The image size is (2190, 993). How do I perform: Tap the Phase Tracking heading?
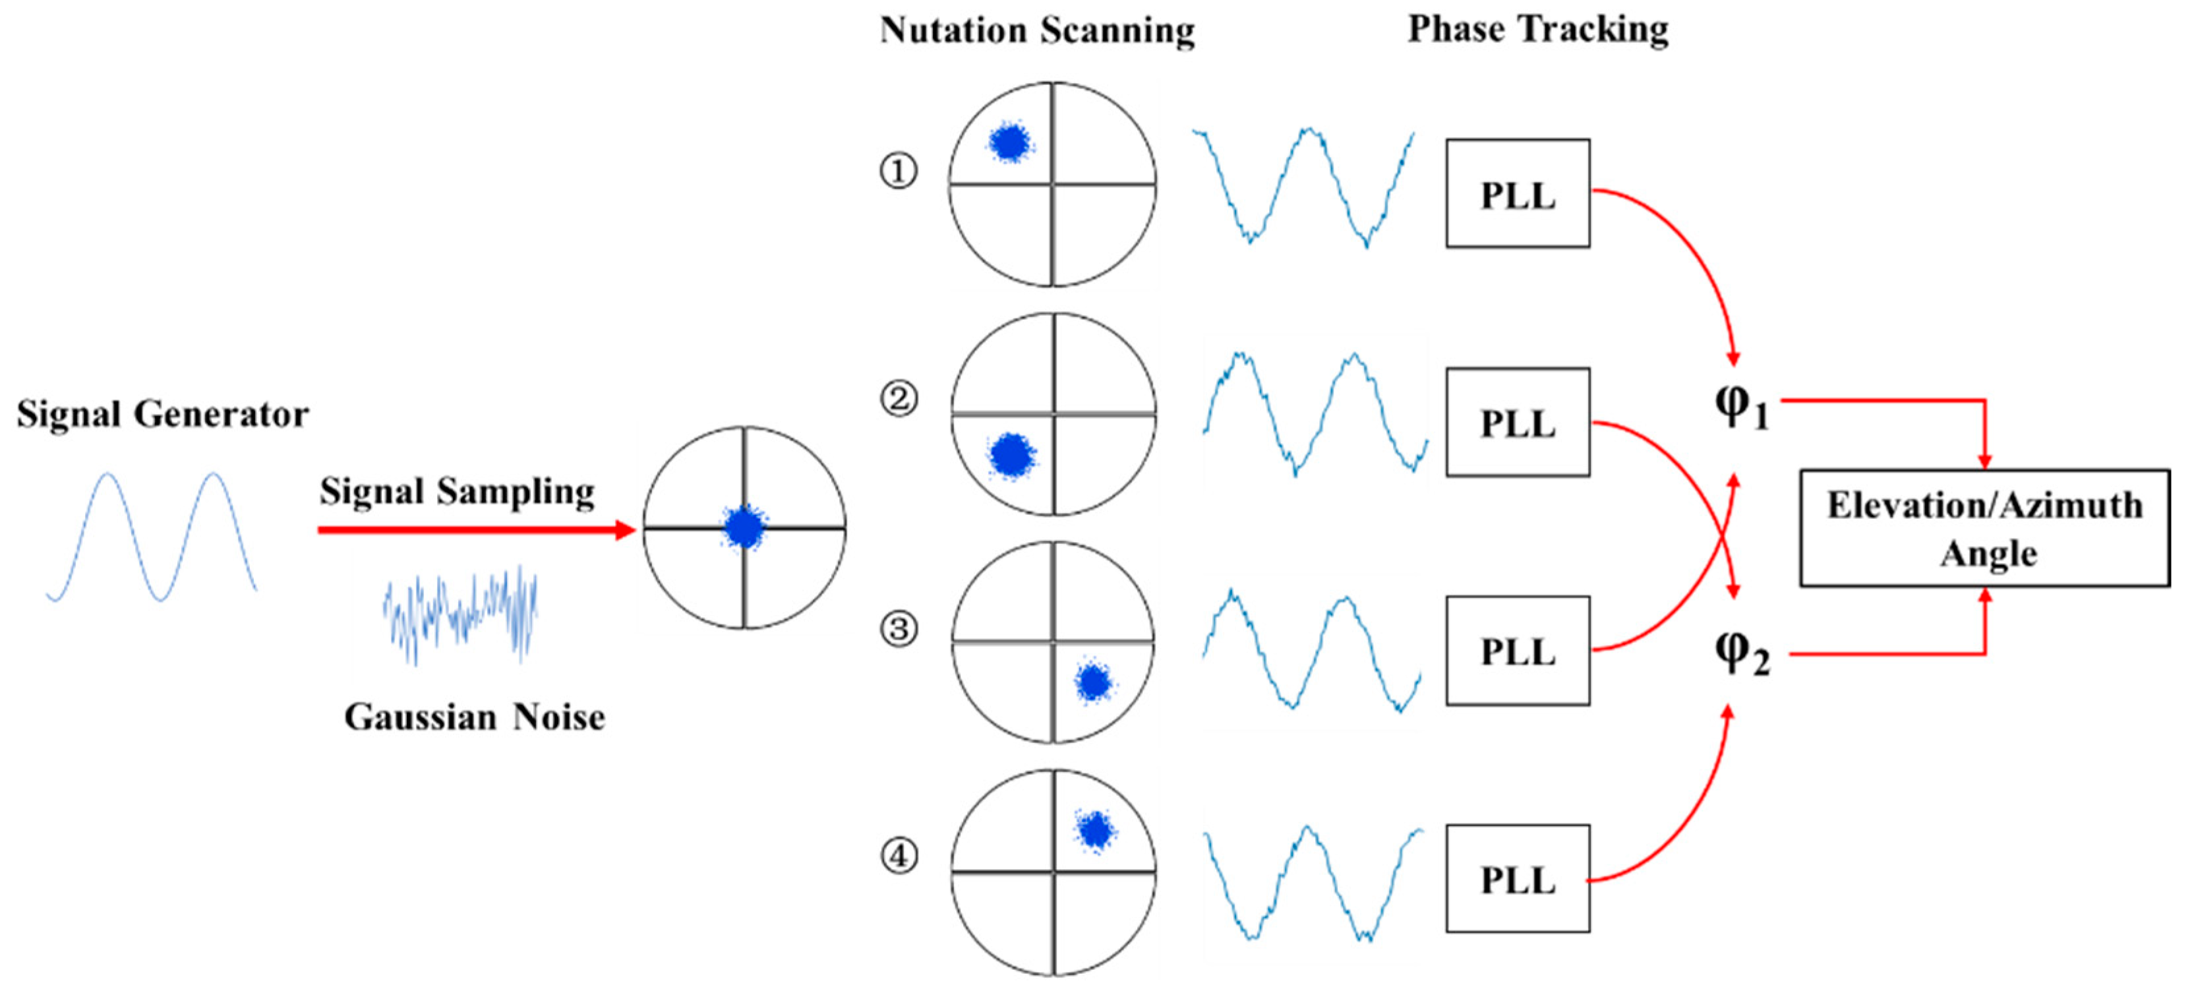[1538, 30]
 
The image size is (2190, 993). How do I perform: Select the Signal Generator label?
[162, 415]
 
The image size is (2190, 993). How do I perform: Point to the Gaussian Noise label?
[475, 717]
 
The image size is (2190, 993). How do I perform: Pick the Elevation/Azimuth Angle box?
[1984, 528]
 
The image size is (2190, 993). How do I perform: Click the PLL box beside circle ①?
[1518, 194]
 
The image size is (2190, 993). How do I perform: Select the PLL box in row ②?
[1518, 423]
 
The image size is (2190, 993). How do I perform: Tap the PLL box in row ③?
[1518, 651]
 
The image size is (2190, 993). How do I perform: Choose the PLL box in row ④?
[1518, 879]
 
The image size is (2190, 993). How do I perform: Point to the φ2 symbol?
[1741, 655]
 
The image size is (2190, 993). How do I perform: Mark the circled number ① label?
[899, 171]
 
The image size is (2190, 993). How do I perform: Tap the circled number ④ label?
[899, 855]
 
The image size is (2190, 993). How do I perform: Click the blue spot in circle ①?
[1010, 142]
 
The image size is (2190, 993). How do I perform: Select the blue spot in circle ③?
[1093, 682]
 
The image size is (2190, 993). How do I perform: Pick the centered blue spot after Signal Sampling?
[744, 527]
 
